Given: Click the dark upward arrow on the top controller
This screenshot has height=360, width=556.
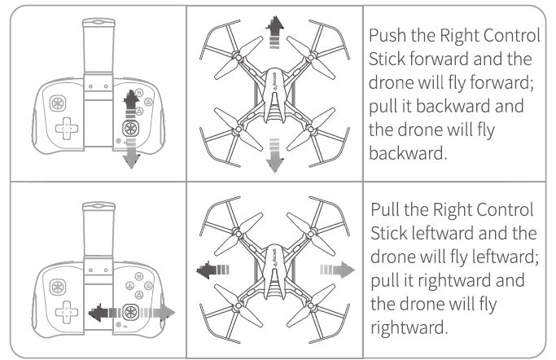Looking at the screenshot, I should point(127,103).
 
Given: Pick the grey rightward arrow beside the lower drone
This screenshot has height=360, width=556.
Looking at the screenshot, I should point(339,266).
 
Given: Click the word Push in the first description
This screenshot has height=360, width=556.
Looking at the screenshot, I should point(387,37).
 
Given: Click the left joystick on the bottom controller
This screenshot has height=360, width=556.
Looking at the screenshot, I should point(61,286).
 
